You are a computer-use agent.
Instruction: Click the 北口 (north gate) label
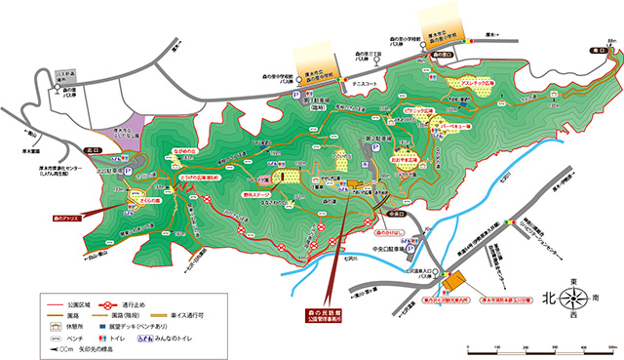coord(94,150)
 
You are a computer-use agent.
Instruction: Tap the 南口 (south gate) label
coord(596,48)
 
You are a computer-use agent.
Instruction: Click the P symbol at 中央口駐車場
coord(412,235)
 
